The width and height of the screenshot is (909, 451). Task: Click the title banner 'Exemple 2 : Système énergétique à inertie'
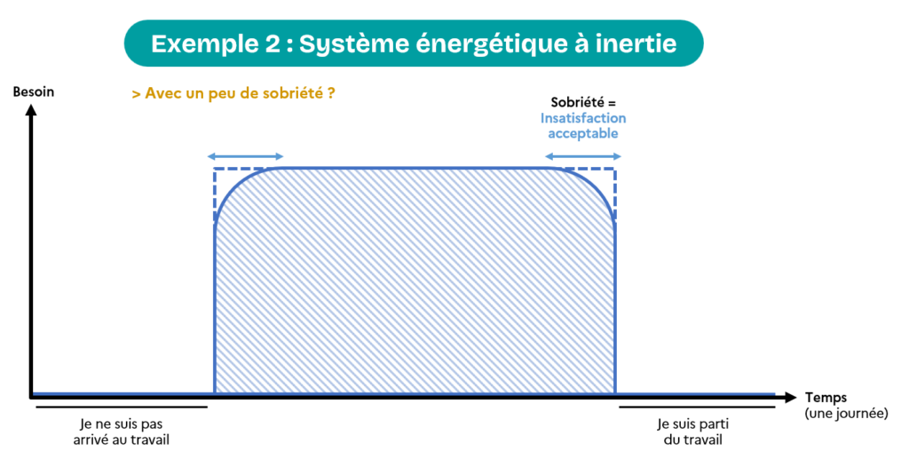point(414,44)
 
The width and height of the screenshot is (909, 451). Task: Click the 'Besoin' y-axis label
point(34,91)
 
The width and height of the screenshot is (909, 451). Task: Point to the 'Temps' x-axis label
point(826,398)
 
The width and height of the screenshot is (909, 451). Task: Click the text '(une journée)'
point(846,414)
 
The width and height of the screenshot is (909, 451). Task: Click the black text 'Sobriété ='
point(583,103)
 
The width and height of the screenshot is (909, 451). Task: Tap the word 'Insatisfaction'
point(583,118)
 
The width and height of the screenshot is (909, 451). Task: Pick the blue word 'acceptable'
point(583,133)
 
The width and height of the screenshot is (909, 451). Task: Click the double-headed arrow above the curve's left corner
point(245,156)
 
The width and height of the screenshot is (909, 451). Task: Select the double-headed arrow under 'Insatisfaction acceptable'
point(582,156)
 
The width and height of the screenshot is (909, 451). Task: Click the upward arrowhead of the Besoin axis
point(31,107)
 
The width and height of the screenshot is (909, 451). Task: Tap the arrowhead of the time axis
point(790,397)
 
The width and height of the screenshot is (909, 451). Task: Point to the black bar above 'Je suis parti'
point(697,407)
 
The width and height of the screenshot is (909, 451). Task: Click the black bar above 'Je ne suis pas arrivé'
point(121,407)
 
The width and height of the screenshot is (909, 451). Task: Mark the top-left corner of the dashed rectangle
point(215,169)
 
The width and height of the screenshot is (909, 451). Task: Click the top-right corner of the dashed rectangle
point(614,169)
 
